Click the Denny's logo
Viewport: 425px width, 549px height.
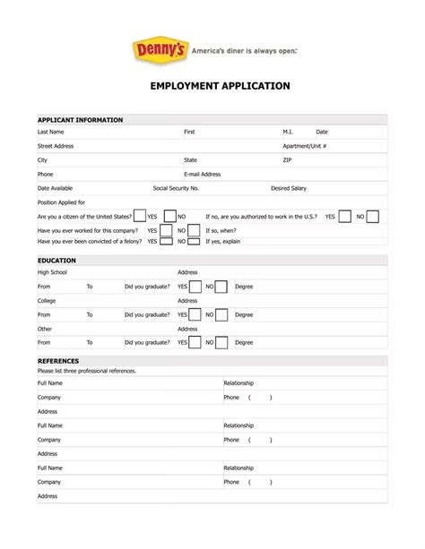(160, 51)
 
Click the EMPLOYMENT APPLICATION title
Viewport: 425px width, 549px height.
(213, 86)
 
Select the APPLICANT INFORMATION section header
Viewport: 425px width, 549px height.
(80, 119)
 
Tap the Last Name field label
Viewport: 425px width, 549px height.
(50, 132)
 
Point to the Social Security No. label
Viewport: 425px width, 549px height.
(176, 189)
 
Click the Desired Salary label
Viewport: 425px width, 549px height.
(289, 189)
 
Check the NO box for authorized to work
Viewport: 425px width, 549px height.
(372, 216)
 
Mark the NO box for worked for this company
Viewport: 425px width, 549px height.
(195, 229)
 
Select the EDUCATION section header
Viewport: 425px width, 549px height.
(56, 261)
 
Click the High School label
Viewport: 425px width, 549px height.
(52, 272)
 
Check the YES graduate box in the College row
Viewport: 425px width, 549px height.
(195, 315)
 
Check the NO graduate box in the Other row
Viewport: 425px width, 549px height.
(221, 342)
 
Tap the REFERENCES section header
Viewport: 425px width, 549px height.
(58, 361)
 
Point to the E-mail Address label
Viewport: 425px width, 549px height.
(202, 175)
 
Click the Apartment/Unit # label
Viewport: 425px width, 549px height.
(304, 146)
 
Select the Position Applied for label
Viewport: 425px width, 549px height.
(61, 202)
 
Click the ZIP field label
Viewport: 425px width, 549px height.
(287, 160)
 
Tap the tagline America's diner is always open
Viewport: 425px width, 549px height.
(245, 51)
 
